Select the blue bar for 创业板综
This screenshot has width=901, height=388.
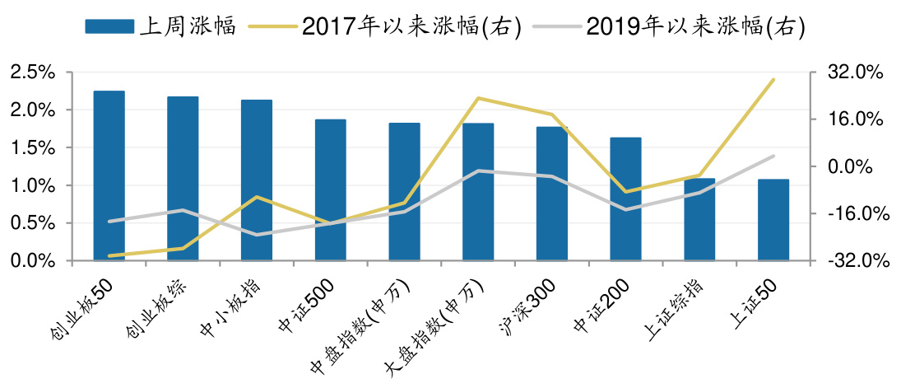pyautogui.click(x=183, y=179)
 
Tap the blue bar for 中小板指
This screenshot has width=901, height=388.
pyautogui.click(x=257, y=180)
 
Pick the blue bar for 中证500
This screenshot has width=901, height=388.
pyautogui.click(x=330, y=190)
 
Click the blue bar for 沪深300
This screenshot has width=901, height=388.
pyautogui.click(x=552, y=194)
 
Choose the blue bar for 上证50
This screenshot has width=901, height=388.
pyautogui.click(x=773, y=220)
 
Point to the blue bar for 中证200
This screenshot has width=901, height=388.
pyautogui.click(x=625, y=199)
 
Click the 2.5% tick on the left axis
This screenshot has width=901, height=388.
pyautogui.click(x=33, y=72)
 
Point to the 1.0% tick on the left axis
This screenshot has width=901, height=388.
pyautogui.click(x=33, y=185)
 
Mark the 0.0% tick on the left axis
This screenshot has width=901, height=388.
pyautogui.click(x=33, y=260)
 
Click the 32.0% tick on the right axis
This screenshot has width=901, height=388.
pyautogui.click(x=857, y=72)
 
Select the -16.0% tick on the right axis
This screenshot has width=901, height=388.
pyautogui.click(x=857, y=213)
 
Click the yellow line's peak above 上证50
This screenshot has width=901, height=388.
pyautogui.click(x=773, y=80)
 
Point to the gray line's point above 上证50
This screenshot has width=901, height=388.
pyautogui.click(x=773, y=156)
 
